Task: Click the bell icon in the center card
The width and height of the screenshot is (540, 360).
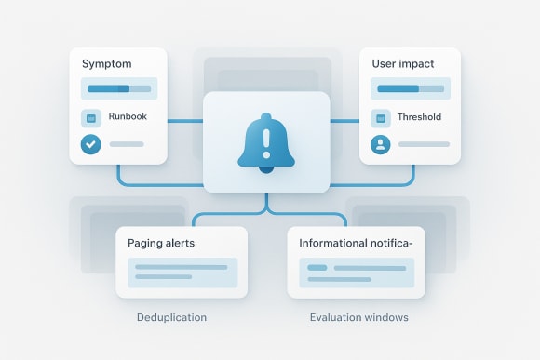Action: (x=266, y=144)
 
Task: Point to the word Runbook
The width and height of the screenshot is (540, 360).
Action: (x=128, y=118)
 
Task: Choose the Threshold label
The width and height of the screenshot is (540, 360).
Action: (x=418, y=118)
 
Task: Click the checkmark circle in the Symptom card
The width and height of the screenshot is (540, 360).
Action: (x=91, y=144)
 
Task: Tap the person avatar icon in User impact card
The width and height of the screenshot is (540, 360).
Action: (x=380, y=144)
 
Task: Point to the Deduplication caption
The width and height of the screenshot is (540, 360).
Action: (x=171, y=317)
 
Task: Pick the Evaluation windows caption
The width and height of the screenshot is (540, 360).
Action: (x=358, y=317)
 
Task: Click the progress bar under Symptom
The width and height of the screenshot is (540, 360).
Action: (x=119, y=88)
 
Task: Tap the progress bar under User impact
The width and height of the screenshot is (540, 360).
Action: (x=411, y=88)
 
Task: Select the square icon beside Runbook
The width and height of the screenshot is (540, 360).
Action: (x=91, y=118)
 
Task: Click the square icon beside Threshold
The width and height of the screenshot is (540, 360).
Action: (x=380, y=118)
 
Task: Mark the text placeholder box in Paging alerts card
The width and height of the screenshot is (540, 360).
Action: (x=182, y=272)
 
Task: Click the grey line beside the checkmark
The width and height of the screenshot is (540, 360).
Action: (x=127, y=144)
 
